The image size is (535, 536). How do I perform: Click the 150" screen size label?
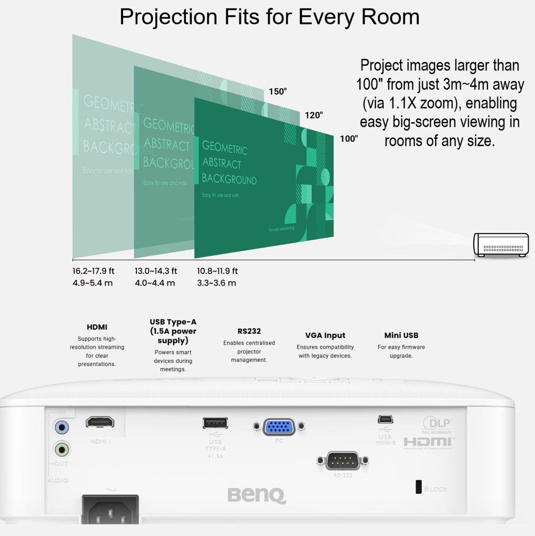277,91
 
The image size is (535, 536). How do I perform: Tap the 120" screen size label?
313,115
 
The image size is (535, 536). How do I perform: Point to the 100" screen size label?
349,138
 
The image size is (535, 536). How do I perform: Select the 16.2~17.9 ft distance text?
93,271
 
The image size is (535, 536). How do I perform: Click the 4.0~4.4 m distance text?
155,283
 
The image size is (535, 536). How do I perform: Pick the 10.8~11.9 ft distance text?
217,271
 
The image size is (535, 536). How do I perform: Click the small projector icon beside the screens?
501,244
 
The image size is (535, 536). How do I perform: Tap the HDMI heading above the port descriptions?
97,327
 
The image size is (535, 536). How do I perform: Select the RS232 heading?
249,331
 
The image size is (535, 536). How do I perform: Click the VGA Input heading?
325,335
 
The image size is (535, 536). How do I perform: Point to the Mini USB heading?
401,335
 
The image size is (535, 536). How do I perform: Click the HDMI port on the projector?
100,422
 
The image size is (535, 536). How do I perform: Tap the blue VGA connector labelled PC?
279,427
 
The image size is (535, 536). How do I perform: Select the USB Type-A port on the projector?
215,422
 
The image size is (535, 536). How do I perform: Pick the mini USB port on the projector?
385,419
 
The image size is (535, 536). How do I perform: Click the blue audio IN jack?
62,428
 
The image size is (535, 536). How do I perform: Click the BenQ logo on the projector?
256,495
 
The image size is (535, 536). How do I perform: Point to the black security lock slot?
419,487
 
